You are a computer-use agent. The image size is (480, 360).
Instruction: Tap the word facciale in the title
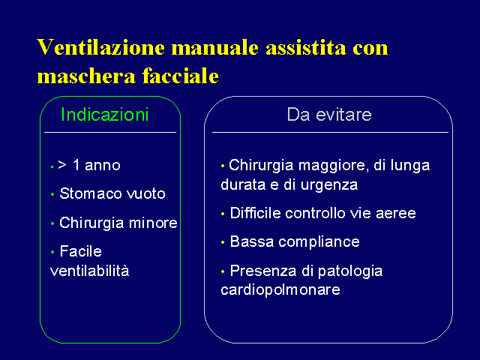tap(181, 76)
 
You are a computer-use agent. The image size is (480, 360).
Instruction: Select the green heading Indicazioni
tap(105, 115)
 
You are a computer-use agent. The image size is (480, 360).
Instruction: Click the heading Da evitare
tap(329, 115)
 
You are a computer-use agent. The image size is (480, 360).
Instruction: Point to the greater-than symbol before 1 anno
tap(62, 165)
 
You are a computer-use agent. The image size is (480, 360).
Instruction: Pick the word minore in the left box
tap(153, 223)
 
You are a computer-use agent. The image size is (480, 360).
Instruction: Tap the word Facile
tap(81, 251)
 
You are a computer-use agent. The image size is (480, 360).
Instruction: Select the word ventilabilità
tap(89, 271)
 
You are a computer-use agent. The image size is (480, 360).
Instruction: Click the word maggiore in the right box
tap(331, 166)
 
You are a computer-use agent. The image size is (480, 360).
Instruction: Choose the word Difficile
tap(255, 213)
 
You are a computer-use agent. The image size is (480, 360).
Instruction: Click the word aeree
tap(396, 214)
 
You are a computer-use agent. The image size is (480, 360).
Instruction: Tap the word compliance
tap(319, 242)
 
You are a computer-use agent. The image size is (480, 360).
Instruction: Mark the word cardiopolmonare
tap(280, 290)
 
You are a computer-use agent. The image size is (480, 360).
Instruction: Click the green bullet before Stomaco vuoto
tap(52, 194)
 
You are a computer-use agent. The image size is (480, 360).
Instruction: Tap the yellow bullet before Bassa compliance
tap(223, 242)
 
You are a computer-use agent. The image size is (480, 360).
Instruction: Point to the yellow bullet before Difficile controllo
tap(223, 214)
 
